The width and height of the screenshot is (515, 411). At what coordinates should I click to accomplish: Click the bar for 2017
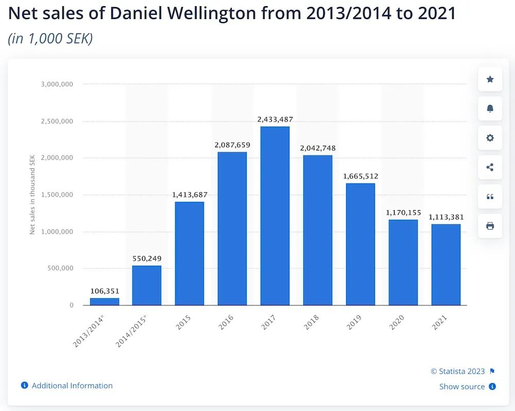[274, 216]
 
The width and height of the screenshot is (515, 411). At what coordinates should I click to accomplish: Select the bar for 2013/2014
[105, 301]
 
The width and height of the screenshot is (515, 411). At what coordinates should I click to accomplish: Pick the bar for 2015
[190, 253]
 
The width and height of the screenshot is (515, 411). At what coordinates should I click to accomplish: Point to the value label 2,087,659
[232, 145]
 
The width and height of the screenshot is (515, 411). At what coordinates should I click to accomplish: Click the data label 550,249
[147, 259]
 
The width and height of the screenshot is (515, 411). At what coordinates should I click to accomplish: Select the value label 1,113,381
[446, 217]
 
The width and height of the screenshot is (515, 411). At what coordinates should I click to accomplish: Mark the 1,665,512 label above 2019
[360, 176]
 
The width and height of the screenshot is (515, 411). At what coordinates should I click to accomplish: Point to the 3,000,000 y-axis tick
[57, 84]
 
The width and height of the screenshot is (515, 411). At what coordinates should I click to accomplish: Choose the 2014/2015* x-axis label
[132, 331]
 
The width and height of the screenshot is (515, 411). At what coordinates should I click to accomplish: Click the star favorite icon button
[490, 79]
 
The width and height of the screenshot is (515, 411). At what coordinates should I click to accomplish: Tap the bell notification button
[490, 109]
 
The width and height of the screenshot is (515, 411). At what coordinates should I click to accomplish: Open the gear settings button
[490, 138]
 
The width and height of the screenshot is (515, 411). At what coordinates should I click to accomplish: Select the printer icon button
[490, 226]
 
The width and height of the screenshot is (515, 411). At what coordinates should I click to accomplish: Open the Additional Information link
[72, 385]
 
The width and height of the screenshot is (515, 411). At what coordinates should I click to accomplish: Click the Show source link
[462, 386]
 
